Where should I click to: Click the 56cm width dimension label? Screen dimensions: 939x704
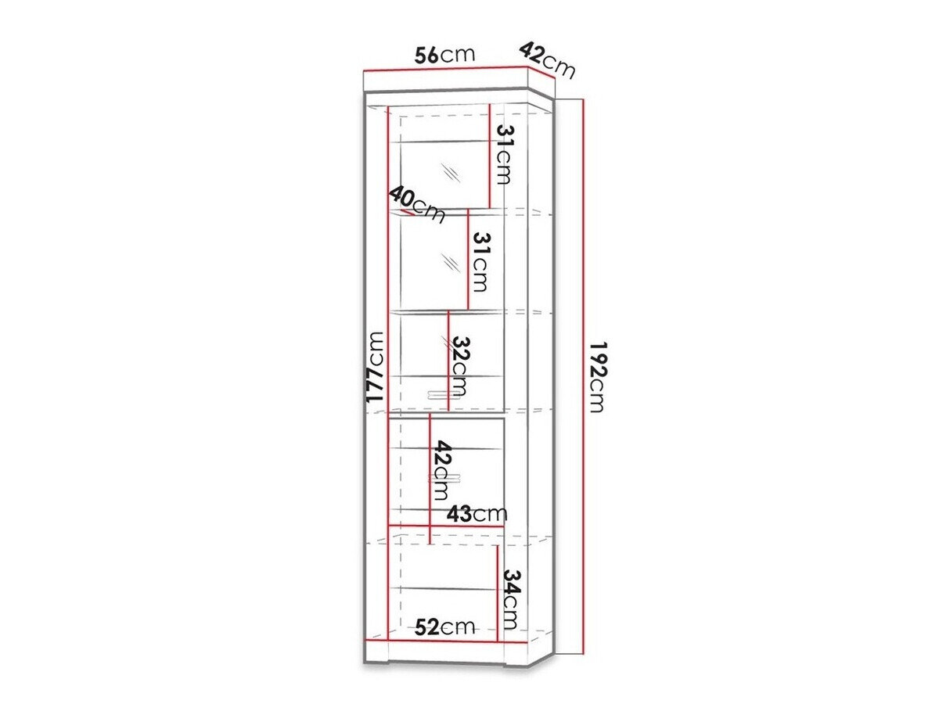pyautogui.click(x=445, y=55)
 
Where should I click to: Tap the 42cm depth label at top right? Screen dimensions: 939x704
pyautogui.click(x=547, y=60)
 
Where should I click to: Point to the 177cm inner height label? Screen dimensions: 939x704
pyautogui.click(x=375, y=367)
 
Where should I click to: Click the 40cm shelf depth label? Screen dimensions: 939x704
pyautogui.click(x=416, y=204)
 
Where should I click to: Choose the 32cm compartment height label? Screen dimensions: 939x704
pyautogui.click(x=460, y=366)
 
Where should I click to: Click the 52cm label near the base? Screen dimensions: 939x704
pyautogui.click(x=445, y=627)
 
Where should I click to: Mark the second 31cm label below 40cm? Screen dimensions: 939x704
pyautogui.click(x=479, y=262)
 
